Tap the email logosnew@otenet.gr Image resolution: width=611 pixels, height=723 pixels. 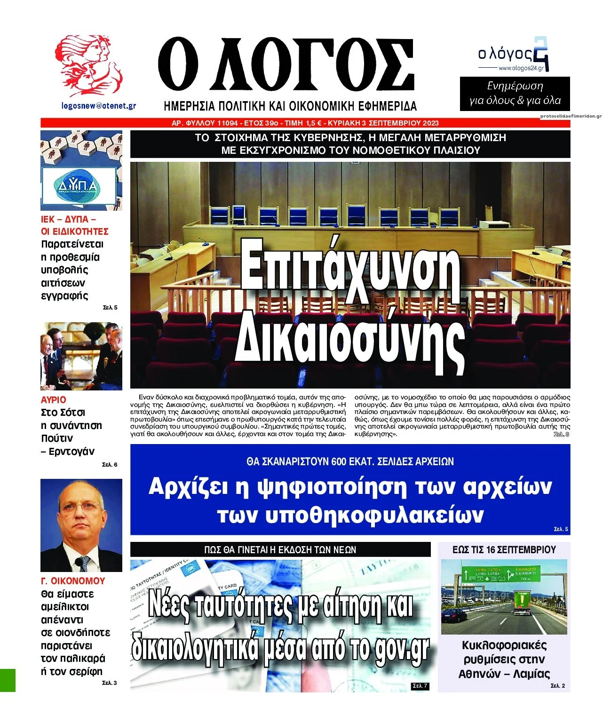click(x=99, y=106)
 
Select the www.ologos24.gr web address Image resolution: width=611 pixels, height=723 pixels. click(x=521, y=68)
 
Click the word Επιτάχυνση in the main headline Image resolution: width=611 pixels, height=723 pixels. click(x=350, y=273)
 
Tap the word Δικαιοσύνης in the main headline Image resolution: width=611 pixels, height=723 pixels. click(x=350, y=334)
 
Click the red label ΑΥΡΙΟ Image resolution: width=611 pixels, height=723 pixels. click(x=54, y=400)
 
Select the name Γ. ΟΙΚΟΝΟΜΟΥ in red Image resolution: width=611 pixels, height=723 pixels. click(x=73, y=581)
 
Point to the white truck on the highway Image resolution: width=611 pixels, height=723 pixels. click(x=522, y=604)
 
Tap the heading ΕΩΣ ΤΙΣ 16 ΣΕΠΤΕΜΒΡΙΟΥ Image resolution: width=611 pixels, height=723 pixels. click(x=504, y=549)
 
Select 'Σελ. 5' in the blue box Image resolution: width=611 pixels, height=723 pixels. click(x=561, y=529)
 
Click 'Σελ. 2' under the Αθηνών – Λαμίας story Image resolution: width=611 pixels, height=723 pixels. click(x=557, y=686)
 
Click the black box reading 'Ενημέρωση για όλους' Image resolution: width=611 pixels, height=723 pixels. click(x=515, y=94)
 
